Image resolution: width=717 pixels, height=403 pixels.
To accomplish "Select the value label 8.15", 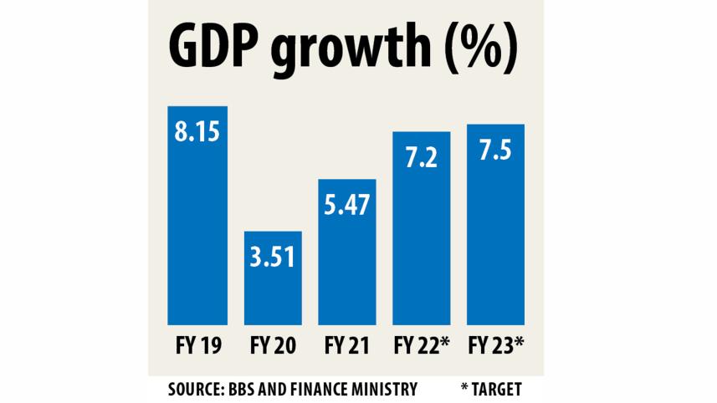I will (x=197, y=133).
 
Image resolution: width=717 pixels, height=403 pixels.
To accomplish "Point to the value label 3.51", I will (x=272, y=256).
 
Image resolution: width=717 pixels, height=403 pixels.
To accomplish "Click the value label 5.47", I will (x=346, y=206).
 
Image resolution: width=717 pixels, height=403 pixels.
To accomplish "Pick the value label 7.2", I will (x=421, y=158).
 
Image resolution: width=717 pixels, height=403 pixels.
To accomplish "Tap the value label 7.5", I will (x=494, y=150).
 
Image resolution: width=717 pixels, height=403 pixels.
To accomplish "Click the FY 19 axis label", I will (x=197, y=345).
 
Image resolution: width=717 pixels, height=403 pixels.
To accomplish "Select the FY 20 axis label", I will (x=272, y=345).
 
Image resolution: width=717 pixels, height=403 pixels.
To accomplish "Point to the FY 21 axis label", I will (x=346, y=345).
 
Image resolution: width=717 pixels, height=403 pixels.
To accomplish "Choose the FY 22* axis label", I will (x=423, y=345).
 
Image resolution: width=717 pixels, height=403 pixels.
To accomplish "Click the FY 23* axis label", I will (x=496, y=345).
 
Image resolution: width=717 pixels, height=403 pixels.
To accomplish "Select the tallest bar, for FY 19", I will (x=197, y=234).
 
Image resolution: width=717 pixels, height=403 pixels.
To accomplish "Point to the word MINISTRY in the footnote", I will (x=382, y=390).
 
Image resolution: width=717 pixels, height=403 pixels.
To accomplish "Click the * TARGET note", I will (x=494, y=390).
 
